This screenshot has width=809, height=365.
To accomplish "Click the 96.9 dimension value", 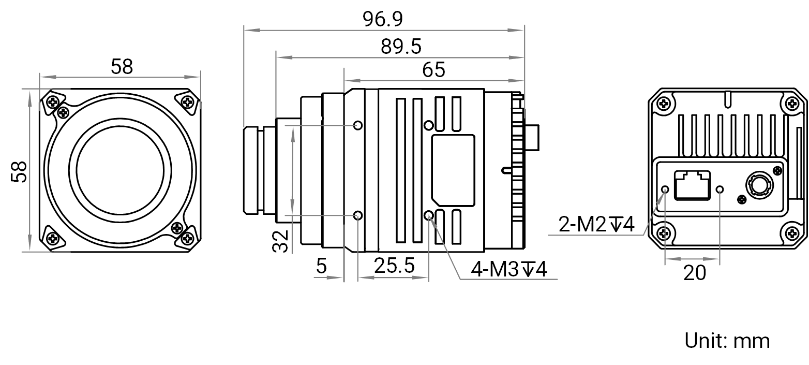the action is pos(382,19).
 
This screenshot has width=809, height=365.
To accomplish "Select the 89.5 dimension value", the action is pos(401,47).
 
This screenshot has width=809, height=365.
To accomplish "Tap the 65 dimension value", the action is pos(433,70).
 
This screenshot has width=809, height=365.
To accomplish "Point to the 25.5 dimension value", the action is pos(394,266).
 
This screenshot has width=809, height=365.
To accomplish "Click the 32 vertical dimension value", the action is pos(281,241).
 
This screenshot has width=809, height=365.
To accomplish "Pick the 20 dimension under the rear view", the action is pos(695,273).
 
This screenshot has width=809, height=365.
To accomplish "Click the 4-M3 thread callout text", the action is pos(509,269).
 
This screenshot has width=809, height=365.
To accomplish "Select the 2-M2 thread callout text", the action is pos(596,224).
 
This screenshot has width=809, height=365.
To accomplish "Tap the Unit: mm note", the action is pos(727,341).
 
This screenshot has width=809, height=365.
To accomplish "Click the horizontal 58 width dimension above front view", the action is pos(122,67).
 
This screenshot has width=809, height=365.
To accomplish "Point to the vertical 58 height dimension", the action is pos(19,171).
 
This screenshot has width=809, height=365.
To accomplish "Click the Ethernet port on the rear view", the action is pos(692,185).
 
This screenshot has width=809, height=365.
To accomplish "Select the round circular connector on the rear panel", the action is pos(759,186).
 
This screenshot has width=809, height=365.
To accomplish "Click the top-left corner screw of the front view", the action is pos(53,103).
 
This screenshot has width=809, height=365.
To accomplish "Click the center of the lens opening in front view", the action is pos(121,170).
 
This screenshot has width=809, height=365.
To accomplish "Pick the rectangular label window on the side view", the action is pos(453,170).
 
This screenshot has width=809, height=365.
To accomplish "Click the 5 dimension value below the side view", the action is pos(321,266).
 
